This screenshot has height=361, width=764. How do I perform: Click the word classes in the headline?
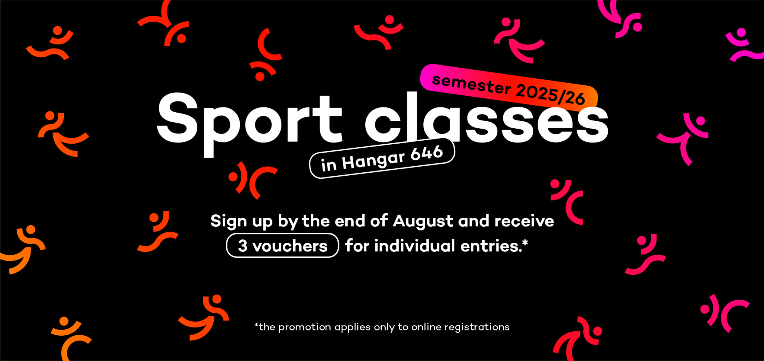tap(486, 117)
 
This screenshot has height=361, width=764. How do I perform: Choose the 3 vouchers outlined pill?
tap(282, 245)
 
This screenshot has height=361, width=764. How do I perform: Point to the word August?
tap(423, 222)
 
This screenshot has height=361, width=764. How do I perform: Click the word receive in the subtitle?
tap(524, 221)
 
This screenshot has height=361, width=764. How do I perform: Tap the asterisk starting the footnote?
tap(256, 325)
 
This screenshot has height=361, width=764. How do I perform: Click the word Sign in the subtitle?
tap(229, 222)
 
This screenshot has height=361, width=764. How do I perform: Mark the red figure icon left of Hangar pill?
tap(253, 180)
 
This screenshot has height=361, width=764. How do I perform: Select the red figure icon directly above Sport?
tap(265, 54)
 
